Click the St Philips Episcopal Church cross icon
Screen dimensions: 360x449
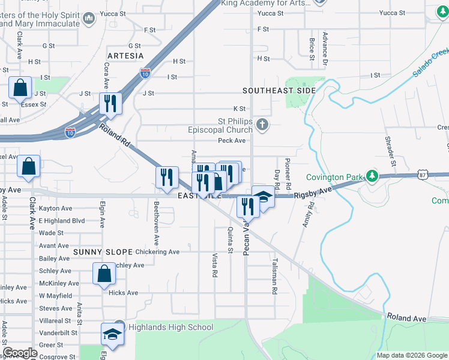pos(261,125)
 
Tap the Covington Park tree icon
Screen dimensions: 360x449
pos(373,176)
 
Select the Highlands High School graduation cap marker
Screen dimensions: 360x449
pos(112,334)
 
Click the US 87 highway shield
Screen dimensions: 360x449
pos(422,174)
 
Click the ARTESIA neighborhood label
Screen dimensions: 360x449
pos(125,56)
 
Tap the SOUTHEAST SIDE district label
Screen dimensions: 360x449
pos(279,91)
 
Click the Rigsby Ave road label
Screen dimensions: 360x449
pos(312,193)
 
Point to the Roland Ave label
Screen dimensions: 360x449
pos(406,317)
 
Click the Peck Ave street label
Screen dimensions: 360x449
pos(232,140)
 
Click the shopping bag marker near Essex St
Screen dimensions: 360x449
pos(20,88)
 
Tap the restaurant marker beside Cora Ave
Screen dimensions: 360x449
pos(110,103)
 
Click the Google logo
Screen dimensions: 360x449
pos(20,353)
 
